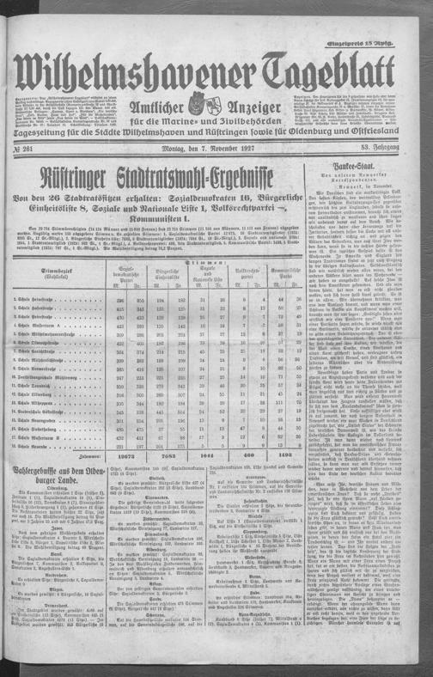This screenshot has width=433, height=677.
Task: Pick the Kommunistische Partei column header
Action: [x=283, y=274]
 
